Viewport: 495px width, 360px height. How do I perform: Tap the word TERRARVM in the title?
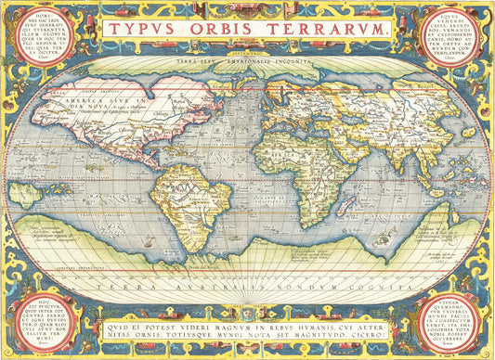329,29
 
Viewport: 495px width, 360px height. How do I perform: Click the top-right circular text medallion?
457,37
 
